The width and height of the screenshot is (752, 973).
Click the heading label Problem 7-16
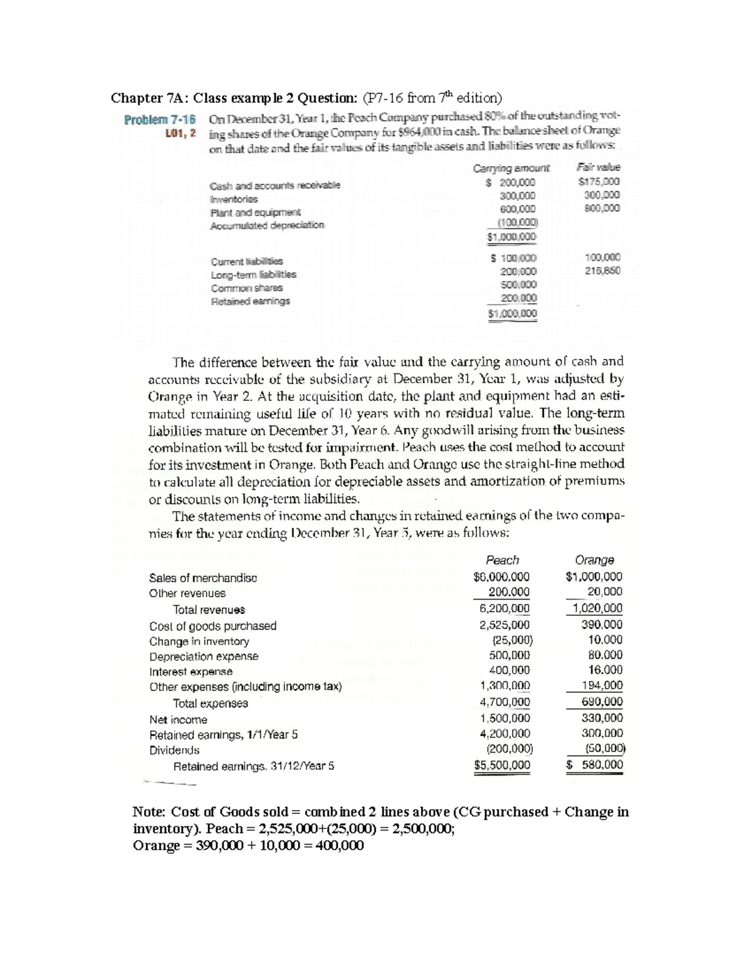point(160,119)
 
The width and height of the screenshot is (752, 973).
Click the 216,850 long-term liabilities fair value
point(602,271)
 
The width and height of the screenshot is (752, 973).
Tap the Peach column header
point(503,560)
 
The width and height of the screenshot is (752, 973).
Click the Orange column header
point(594,560)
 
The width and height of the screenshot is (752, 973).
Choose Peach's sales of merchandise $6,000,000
point(502,576)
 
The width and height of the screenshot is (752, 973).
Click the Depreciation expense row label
point(204,657)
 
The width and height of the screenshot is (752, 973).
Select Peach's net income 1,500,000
point(504,718)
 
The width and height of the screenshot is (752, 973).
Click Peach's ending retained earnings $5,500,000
point(502,765)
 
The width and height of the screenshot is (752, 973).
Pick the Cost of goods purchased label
point(212,626)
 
